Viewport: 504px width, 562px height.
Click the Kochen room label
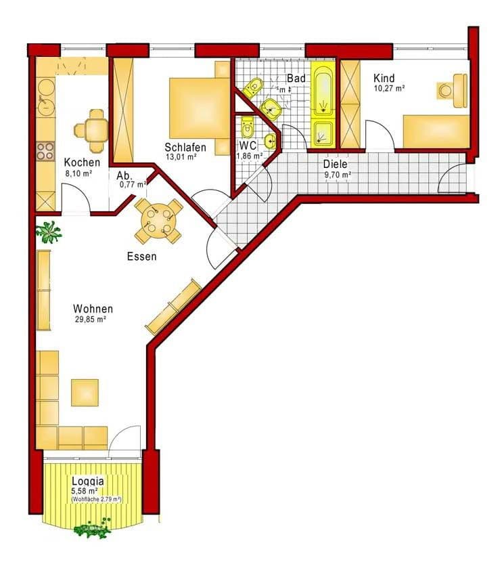[x=82, y=163]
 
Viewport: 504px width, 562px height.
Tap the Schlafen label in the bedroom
[x=185, y=148]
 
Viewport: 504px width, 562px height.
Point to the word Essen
[x=141, y=257]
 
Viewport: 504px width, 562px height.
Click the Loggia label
[x=88, y=481]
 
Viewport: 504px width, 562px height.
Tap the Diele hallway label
[x=335, y=165]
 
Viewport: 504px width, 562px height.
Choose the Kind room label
[x=384, y=79]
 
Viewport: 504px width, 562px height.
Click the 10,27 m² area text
[x=389, y=88]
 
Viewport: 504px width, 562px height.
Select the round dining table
[x=158, y=221]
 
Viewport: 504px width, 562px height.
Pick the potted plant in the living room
[x=49, y=232]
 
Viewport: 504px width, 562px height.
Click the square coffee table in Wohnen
[x=85, y=392]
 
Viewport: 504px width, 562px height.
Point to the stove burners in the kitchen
[x=45, y=150]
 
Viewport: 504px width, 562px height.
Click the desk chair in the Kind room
[x=446, y=89]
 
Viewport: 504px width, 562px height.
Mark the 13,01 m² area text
[x=182, y=157]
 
